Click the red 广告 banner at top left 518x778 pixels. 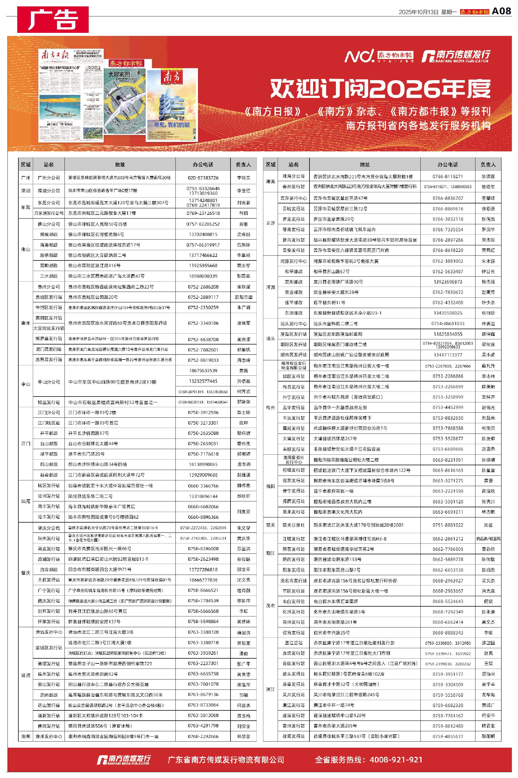[x=53, y=19]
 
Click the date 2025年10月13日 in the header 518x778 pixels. [x=418, y=12]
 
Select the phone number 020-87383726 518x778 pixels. [x=203, y=178]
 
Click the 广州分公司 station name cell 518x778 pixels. [x=49, y=178]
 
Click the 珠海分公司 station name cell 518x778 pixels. [x=293, y=176]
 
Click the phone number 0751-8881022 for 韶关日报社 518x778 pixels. [x=448, y=525]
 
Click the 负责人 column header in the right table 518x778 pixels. [x=488, y=164]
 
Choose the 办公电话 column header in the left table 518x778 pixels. [x=203, y=164]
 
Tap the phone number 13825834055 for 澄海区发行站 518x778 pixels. [x=448, y=334]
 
